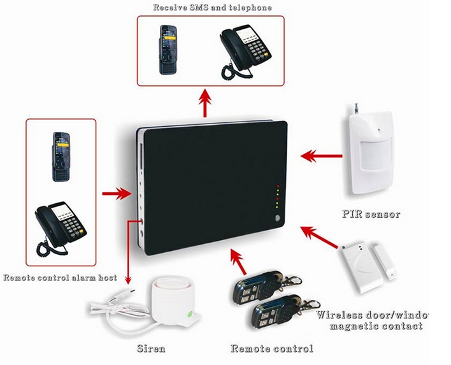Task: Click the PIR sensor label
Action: tap(371, 214)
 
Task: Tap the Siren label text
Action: tap(152, 348)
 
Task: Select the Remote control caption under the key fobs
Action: tap(272, 348)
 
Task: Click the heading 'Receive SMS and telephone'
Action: tap(213, 8)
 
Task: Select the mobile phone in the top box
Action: tap(169, 49)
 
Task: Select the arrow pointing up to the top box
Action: tap(204, 103)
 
